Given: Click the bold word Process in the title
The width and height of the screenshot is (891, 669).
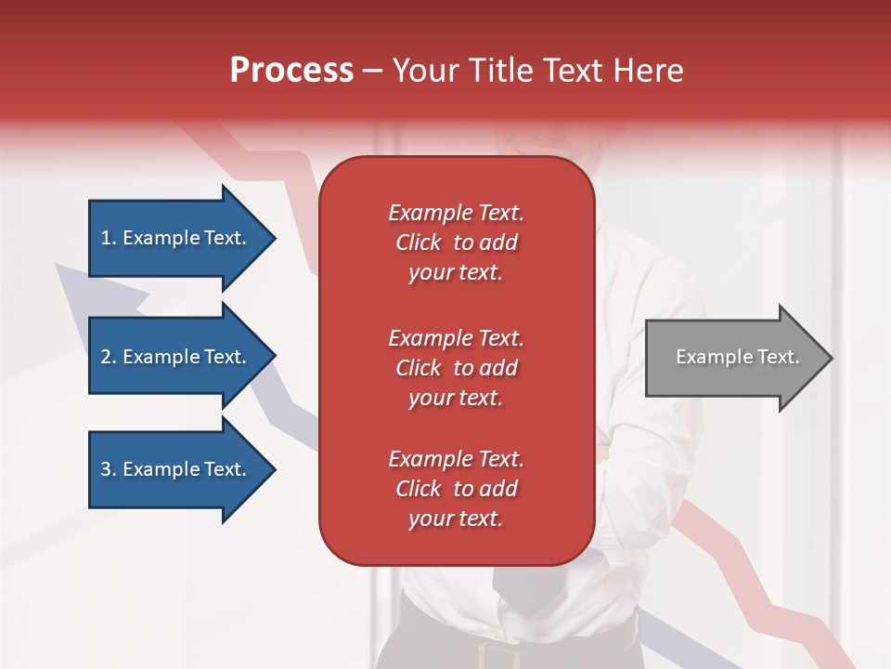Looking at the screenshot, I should (291, 71).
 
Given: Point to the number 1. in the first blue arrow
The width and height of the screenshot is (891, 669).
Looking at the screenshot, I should (109, 238).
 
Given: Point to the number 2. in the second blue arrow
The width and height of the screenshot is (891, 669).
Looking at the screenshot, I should (109, 357).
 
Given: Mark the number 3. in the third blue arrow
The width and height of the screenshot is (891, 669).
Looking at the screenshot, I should (109, 469).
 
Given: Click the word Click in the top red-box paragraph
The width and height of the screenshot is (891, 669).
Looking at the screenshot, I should (419, 243).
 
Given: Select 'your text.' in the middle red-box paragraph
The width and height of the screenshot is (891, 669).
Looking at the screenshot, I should (455, 398).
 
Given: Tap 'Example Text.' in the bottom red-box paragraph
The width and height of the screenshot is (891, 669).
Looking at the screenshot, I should (456, 459).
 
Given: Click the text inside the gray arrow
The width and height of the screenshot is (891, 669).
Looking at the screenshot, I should (737, 357).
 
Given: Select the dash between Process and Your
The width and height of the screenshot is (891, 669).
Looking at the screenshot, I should (373, 71).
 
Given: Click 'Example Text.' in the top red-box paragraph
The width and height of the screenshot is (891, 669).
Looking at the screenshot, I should (456, 213).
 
